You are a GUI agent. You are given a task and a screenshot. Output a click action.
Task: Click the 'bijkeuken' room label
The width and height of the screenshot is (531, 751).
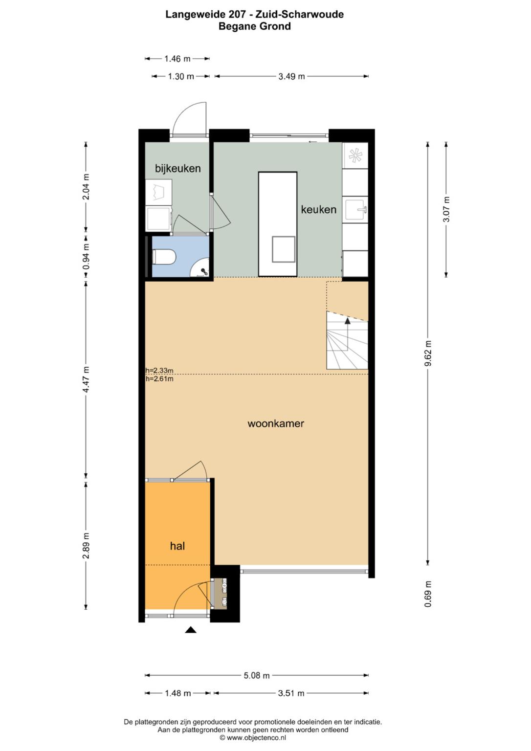(177, 168)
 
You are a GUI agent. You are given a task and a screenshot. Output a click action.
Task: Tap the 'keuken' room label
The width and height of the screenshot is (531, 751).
(318, 210)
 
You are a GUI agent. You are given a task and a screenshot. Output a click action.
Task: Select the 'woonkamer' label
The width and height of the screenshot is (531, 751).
(276, 423)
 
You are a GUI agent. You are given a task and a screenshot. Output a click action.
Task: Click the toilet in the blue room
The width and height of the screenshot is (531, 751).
(164, 257)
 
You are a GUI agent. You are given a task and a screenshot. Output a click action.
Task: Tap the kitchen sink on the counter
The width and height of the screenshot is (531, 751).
(356, 210)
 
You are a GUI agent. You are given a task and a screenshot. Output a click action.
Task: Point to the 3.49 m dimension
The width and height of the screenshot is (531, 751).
(291, 76)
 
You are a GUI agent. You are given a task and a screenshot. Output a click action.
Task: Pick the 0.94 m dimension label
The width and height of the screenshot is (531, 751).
(86, 256)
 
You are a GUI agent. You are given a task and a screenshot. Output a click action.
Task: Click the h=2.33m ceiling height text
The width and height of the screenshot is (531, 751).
(159, 371)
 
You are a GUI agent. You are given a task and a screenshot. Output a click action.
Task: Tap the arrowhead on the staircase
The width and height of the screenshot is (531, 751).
(348, 321)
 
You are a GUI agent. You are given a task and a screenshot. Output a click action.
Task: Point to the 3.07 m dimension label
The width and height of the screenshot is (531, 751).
(446, 210)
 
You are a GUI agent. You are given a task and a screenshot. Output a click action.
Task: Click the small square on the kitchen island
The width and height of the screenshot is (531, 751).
(284, 249)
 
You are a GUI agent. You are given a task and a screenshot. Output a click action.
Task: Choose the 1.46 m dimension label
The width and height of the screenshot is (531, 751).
(177, 59)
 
